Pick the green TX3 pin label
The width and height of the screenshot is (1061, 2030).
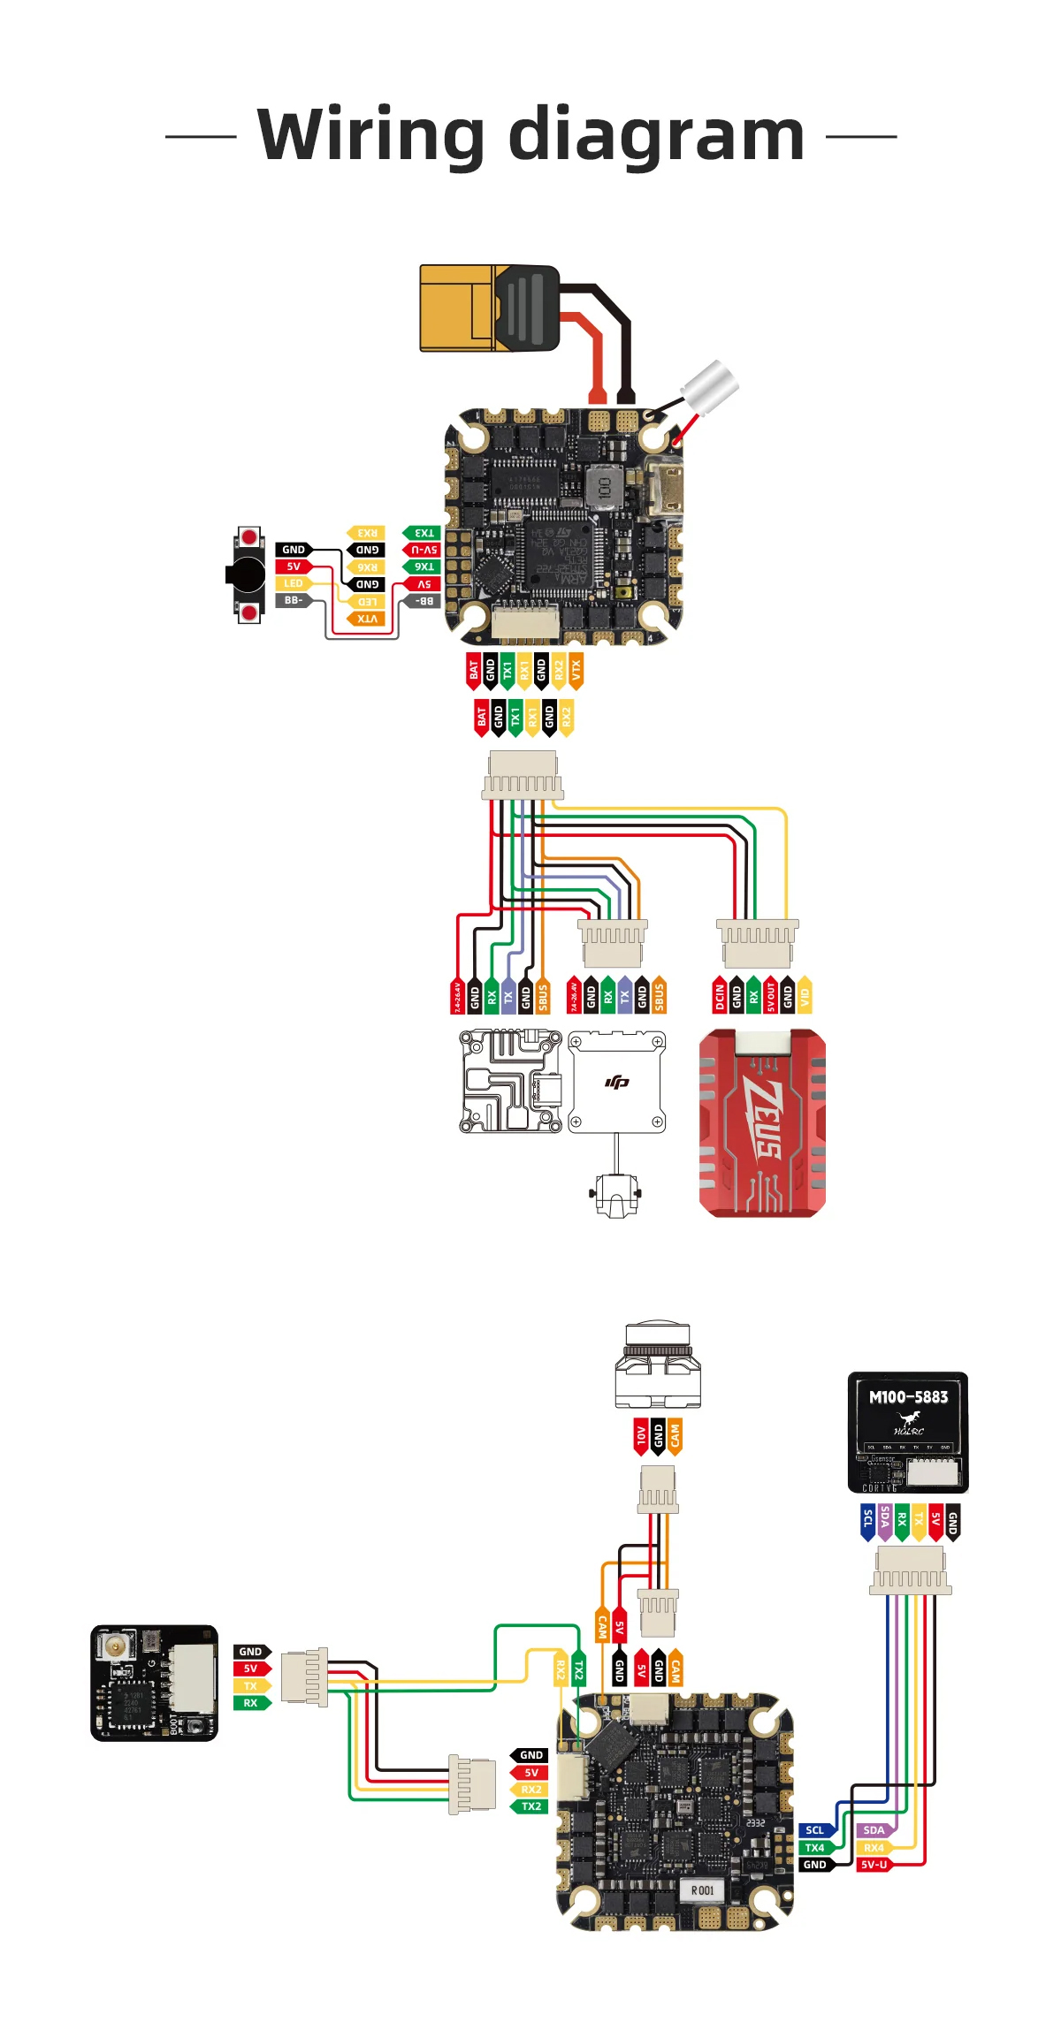coord(423,533)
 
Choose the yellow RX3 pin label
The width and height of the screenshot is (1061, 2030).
coord(366,533)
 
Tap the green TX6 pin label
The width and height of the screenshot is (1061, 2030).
coord(423,566)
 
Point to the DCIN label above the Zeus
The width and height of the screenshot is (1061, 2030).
coord(720,996)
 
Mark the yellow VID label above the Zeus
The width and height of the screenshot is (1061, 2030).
coord(805,996)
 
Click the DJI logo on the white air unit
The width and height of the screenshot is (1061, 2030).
coord(617,1082)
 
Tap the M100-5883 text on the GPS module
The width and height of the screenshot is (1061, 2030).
coord(908,1397)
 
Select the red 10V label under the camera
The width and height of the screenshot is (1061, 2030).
coord(640,1437)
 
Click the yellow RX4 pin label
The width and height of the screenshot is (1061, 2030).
coord(873,1848)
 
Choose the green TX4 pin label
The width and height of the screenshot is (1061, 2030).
coord(815,1848)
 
